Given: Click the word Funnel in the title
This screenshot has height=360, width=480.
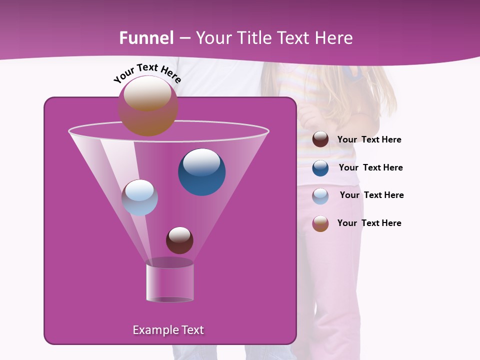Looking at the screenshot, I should coord(146,38).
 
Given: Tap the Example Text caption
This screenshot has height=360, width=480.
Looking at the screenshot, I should coord(168,330).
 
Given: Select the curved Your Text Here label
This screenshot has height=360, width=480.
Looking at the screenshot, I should coord(147,73).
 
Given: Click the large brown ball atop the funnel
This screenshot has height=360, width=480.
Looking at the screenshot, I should coord(147,105).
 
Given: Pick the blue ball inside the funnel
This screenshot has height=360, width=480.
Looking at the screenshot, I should coord(202,172).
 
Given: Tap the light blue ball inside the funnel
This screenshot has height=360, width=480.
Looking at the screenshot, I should coord(140,197).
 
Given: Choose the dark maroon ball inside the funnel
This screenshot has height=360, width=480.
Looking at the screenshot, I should coord(179,240).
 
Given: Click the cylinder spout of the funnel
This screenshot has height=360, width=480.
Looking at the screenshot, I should coord(170,282).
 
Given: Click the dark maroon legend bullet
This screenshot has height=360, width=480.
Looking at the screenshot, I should coord(320,139).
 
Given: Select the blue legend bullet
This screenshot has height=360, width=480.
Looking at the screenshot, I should coord(320,168).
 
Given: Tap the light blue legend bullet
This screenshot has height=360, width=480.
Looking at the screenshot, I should coord(320,196).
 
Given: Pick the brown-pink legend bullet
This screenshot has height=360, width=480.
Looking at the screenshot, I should coord(320,223).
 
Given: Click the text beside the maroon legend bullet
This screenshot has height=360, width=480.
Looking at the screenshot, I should coord(369,140).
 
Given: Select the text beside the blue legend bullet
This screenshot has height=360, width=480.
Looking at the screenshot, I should coord(370,168).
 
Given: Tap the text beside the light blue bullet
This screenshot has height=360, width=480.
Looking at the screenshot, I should coord(371,195).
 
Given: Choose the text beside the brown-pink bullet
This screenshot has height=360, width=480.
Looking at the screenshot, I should coord(369,223).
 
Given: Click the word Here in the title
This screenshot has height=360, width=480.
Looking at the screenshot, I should coord(334,38).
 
